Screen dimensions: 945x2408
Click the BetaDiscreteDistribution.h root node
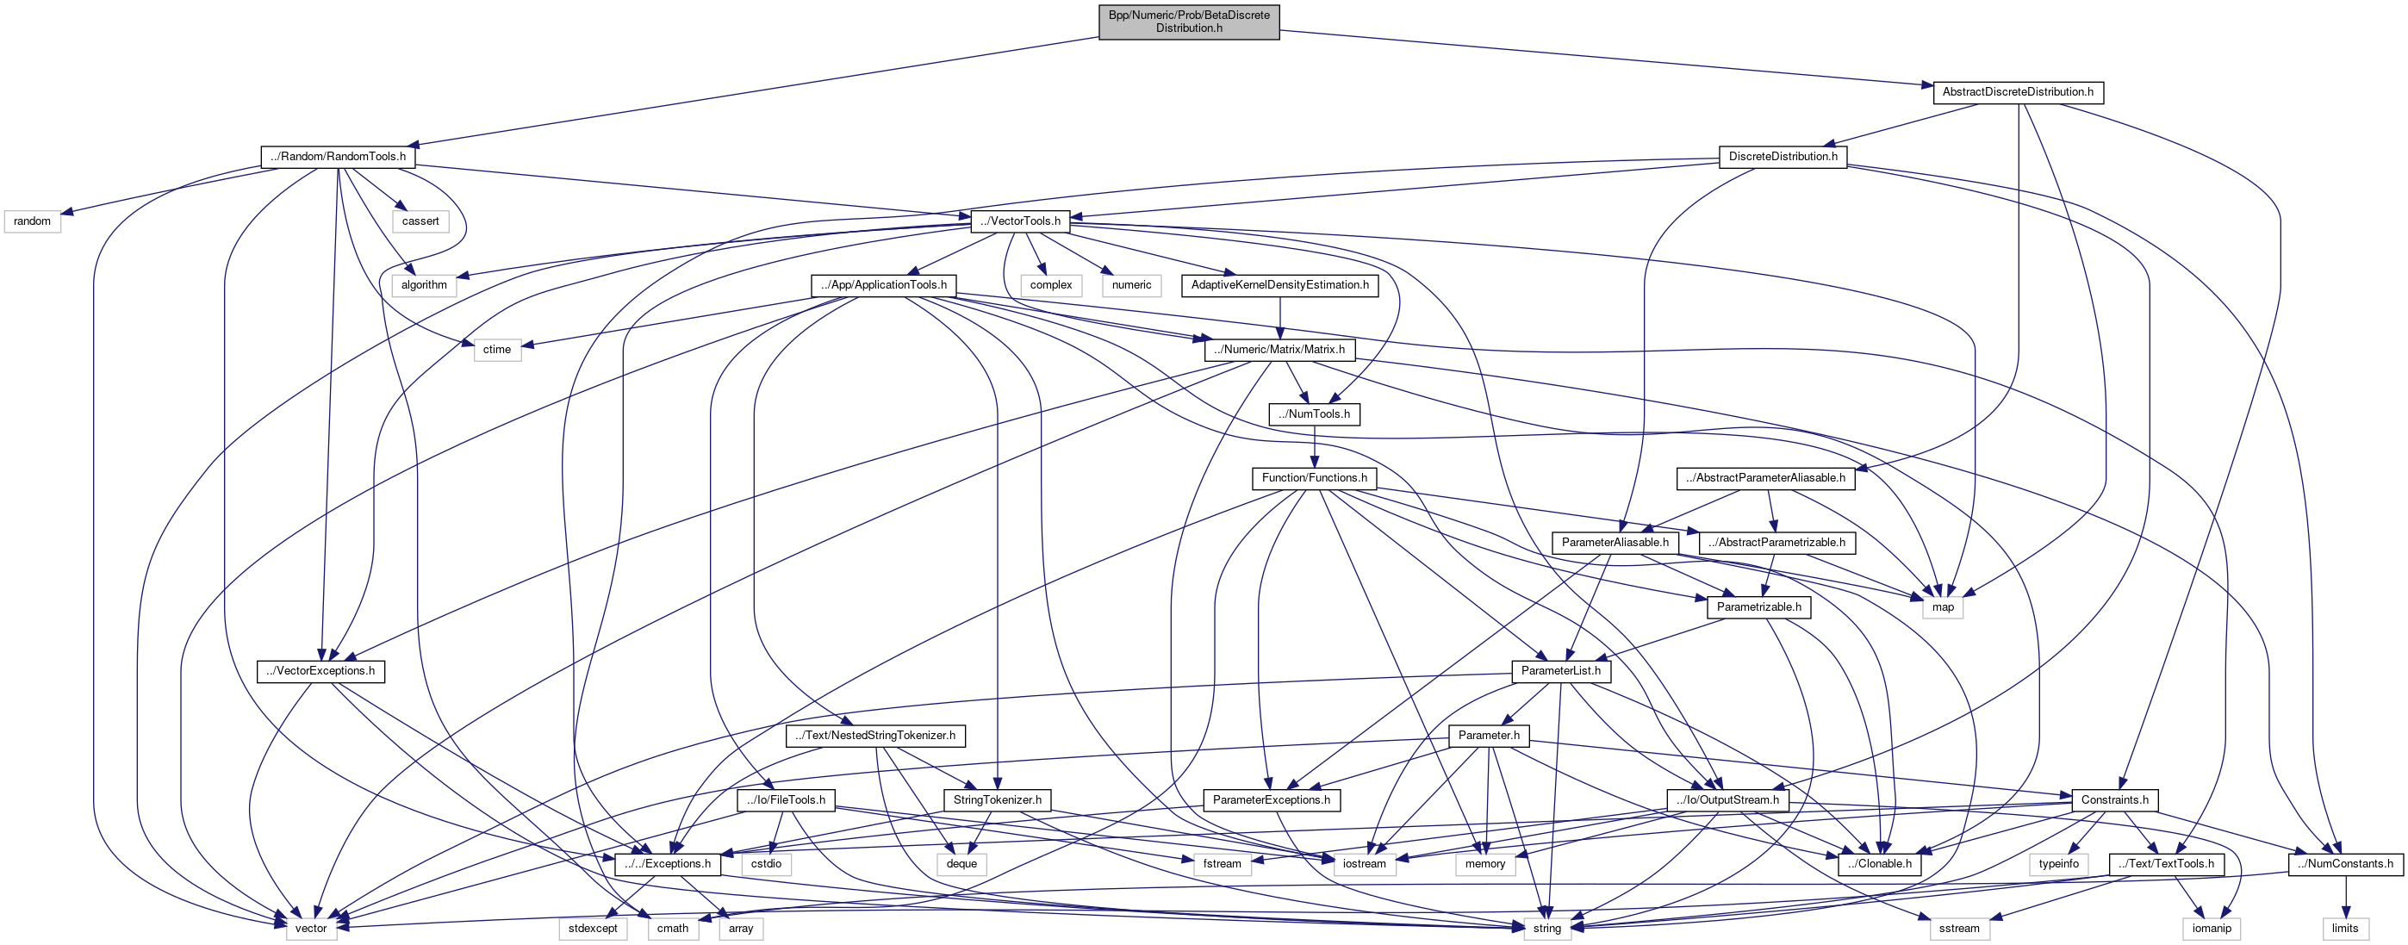pos(1188,22)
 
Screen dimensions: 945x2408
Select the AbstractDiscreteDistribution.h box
pos(2017,91)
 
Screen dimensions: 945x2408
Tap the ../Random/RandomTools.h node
pos(338,156)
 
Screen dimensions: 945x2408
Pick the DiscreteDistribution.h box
pos(1782,156)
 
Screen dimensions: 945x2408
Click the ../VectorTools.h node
pos(1020,221)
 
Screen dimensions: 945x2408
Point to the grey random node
pos(32,221)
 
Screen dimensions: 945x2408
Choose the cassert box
pos(420,221)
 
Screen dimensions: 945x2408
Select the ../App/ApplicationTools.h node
pos(882,284)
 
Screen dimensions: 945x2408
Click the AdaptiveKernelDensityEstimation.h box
pos(1279,284)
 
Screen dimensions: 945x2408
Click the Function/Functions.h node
pos(1313,477)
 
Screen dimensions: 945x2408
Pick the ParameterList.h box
pos(1560,670)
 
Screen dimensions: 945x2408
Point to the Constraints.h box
pos(2113,799)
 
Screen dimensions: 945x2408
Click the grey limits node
pos(2344,928)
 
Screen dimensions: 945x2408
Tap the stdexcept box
pos(593,928)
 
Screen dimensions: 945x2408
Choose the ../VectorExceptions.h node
pos(320,670)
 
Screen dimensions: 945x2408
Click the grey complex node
pos(1051,284)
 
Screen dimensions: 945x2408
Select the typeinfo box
pos(2058,864)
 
